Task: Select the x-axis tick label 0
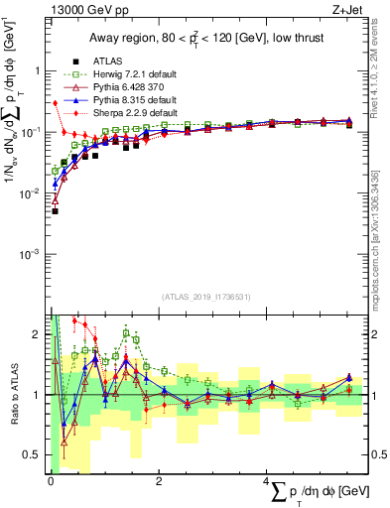coord(51,481)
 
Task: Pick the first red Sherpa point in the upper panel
coord(55,103)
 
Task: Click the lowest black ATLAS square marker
coord(55,211)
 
